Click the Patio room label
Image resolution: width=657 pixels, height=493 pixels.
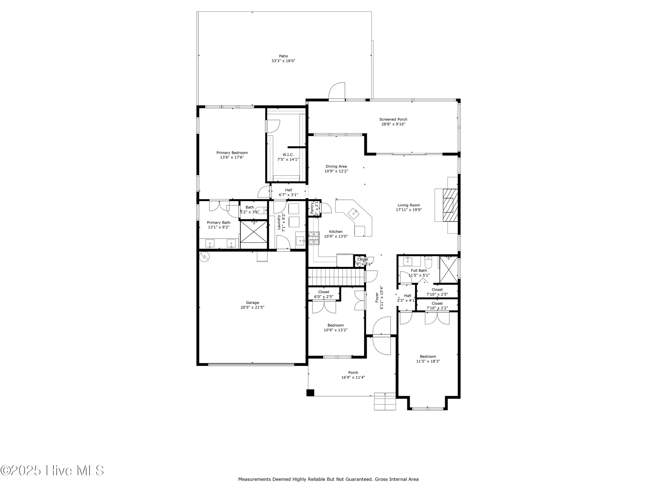tap(283, 56)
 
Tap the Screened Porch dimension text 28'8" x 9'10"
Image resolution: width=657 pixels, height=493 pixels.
tap(393, 124)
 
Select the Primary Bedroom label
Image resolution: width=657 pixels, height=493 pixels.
tap(232, 153)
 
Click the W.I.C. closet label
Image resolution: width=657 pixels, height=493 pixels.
tap(288, 155)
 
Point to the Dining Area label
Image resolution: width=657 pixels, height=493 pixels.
tap(336, 166)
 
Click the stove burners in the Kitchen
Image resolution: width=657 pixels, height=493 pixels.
tap(314, 238)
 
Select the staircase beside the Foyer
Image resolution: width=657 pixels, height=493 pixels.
tap(336, 277)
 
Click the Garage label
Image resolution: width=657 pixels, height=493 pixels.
tap(252, 303)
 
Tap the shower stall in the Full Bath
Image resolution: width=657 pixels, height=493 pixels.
tap(448, 269)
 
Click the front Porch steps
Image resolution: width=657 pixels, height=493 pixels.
tap(385, 401)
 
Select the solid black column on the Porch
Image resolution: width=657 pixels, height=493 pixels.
tap(310, 393)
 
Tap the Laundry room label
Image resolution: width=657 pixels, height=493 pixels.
tap(279, 222)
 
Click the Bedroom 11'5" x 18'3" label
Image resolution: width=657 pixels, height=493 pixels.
tap(428, 357)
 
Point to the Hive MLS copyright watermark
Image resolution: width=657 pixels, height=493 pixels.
tap(52, 470)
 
